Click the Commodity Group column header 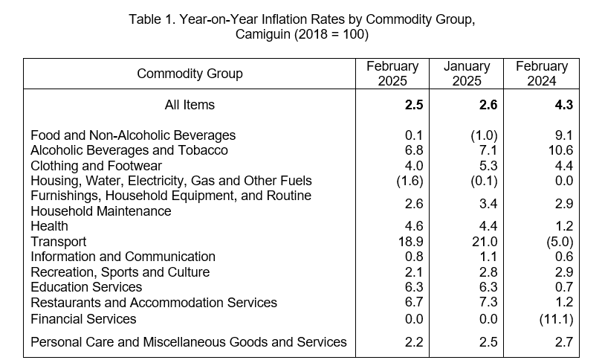coord(190,74)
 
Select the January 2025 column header coord(467,74)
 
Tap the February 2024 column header coord(541,74)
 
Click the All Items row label coord(190,104)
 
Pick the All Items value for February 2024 coord(563,104)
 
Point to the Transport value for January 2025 coord(485,242)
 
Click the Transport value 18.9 coord(410,242)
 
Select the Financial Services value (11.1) coord(556,319)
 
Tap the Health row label coord(49,226)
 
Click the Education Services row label coord(86,287)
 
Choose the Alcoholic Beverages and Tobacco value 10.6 coord(560,150)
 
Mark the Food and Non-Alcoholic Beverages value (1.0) coord(484,135)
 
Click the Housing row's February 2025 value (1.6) coord(410,181)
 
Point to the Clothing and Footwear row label coord(96,166)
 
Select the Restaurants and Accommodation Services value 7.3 coord(488,303)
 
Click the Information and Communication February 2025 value coord(414,257)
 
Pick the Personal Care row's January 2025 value coord(488,342)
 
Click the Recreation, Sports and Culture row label coord(120,272)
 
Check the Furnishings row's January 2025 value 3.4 coord(488,203)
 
